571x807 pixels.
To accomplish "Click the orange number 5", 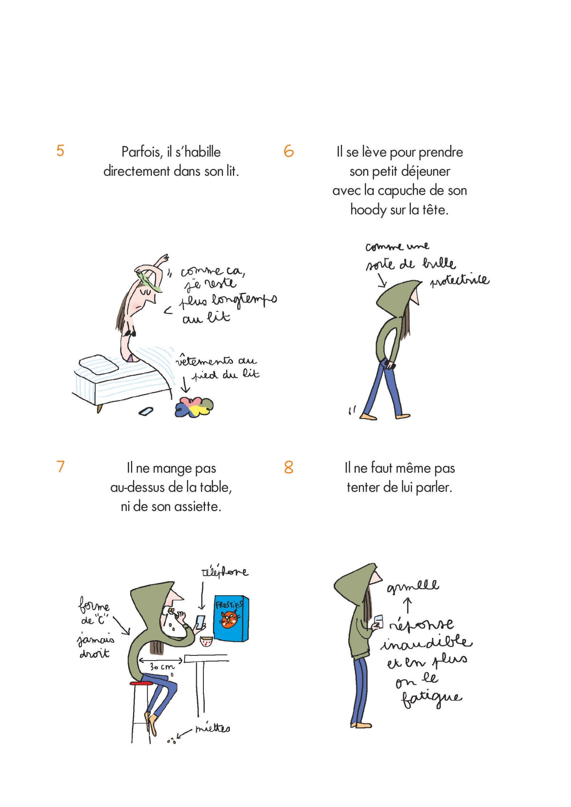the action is coord(60,151).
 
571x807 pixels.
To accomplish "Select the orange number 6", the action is coord(288,151).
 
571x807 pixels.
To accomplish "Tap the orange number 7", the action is coord(61,466).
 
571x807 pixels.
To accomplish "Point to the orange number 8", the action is coord(288,467).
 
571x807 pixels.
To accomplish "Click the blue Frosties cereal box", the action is coord(231,620).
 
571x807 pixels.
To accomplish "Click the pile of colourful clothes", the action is coord(194,407).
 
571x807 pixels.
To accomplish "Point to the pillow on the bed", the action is coord(99,364).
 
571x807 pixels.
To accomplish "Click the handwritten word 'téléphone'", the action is coord(225,572).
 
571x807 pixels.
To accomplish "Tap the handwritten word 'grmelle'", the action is coord(413,586).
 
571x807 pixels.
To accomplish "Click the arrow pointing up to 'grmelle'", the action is coord(408,606).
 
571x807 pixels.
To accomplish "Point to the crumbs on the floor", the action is coord(172,740).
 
